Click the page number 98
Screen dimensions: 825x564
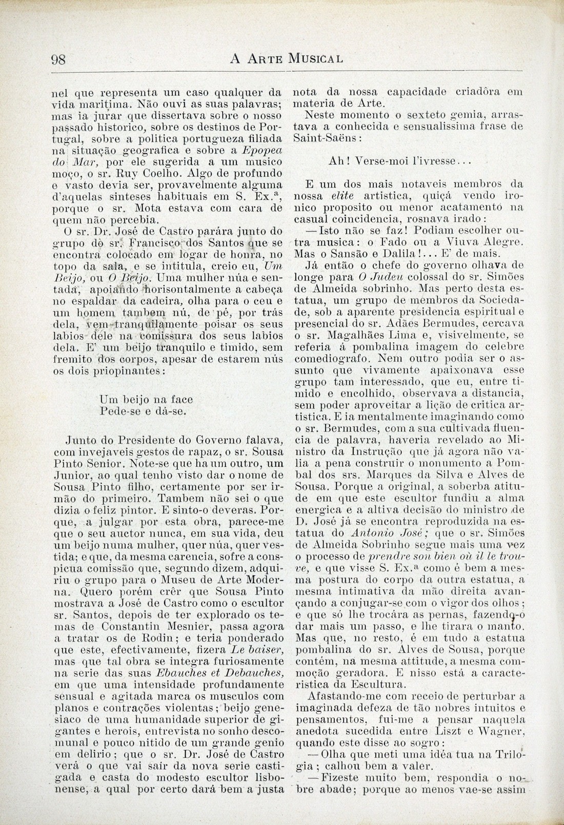click(x=59, y=58)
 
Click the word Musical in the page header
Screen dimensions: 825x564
click(x=315, y=58)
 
